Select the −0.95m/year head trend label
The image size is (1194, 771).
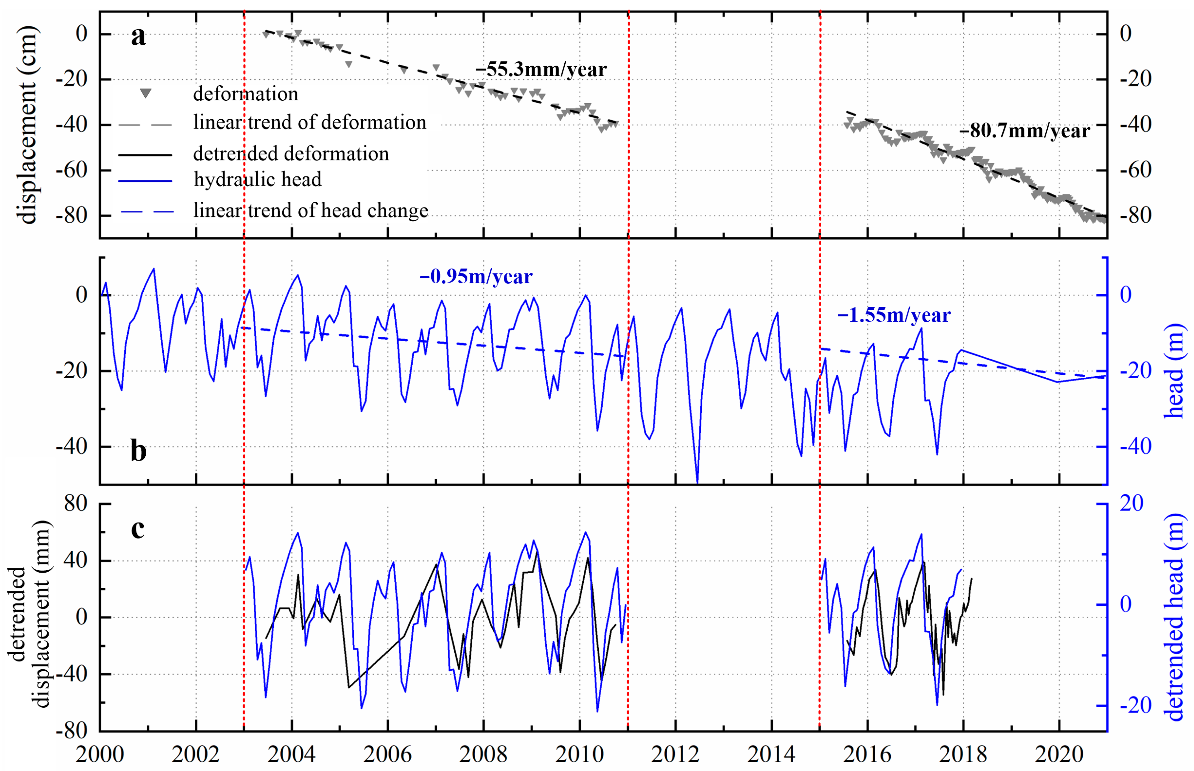[x=476, y=276]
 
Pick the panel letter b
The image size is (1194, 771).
[x=138, y=451]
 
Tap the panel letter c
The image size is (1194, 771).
[x=138, y=529]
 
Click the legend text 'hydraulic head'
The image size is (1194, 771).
[x=257, y=179]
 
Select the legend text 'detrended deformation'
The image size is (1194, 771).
[x=291, y=153]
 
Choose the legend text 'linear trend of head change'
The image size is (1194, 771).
[x=310, y=210]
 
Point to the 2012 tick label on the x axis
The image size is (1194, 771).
[x=676, y=754]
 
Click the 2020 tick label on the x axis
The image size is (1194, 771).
[x=1059, y=754]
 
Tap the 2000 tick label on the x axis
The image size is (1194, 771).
[x=100, y=754]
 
